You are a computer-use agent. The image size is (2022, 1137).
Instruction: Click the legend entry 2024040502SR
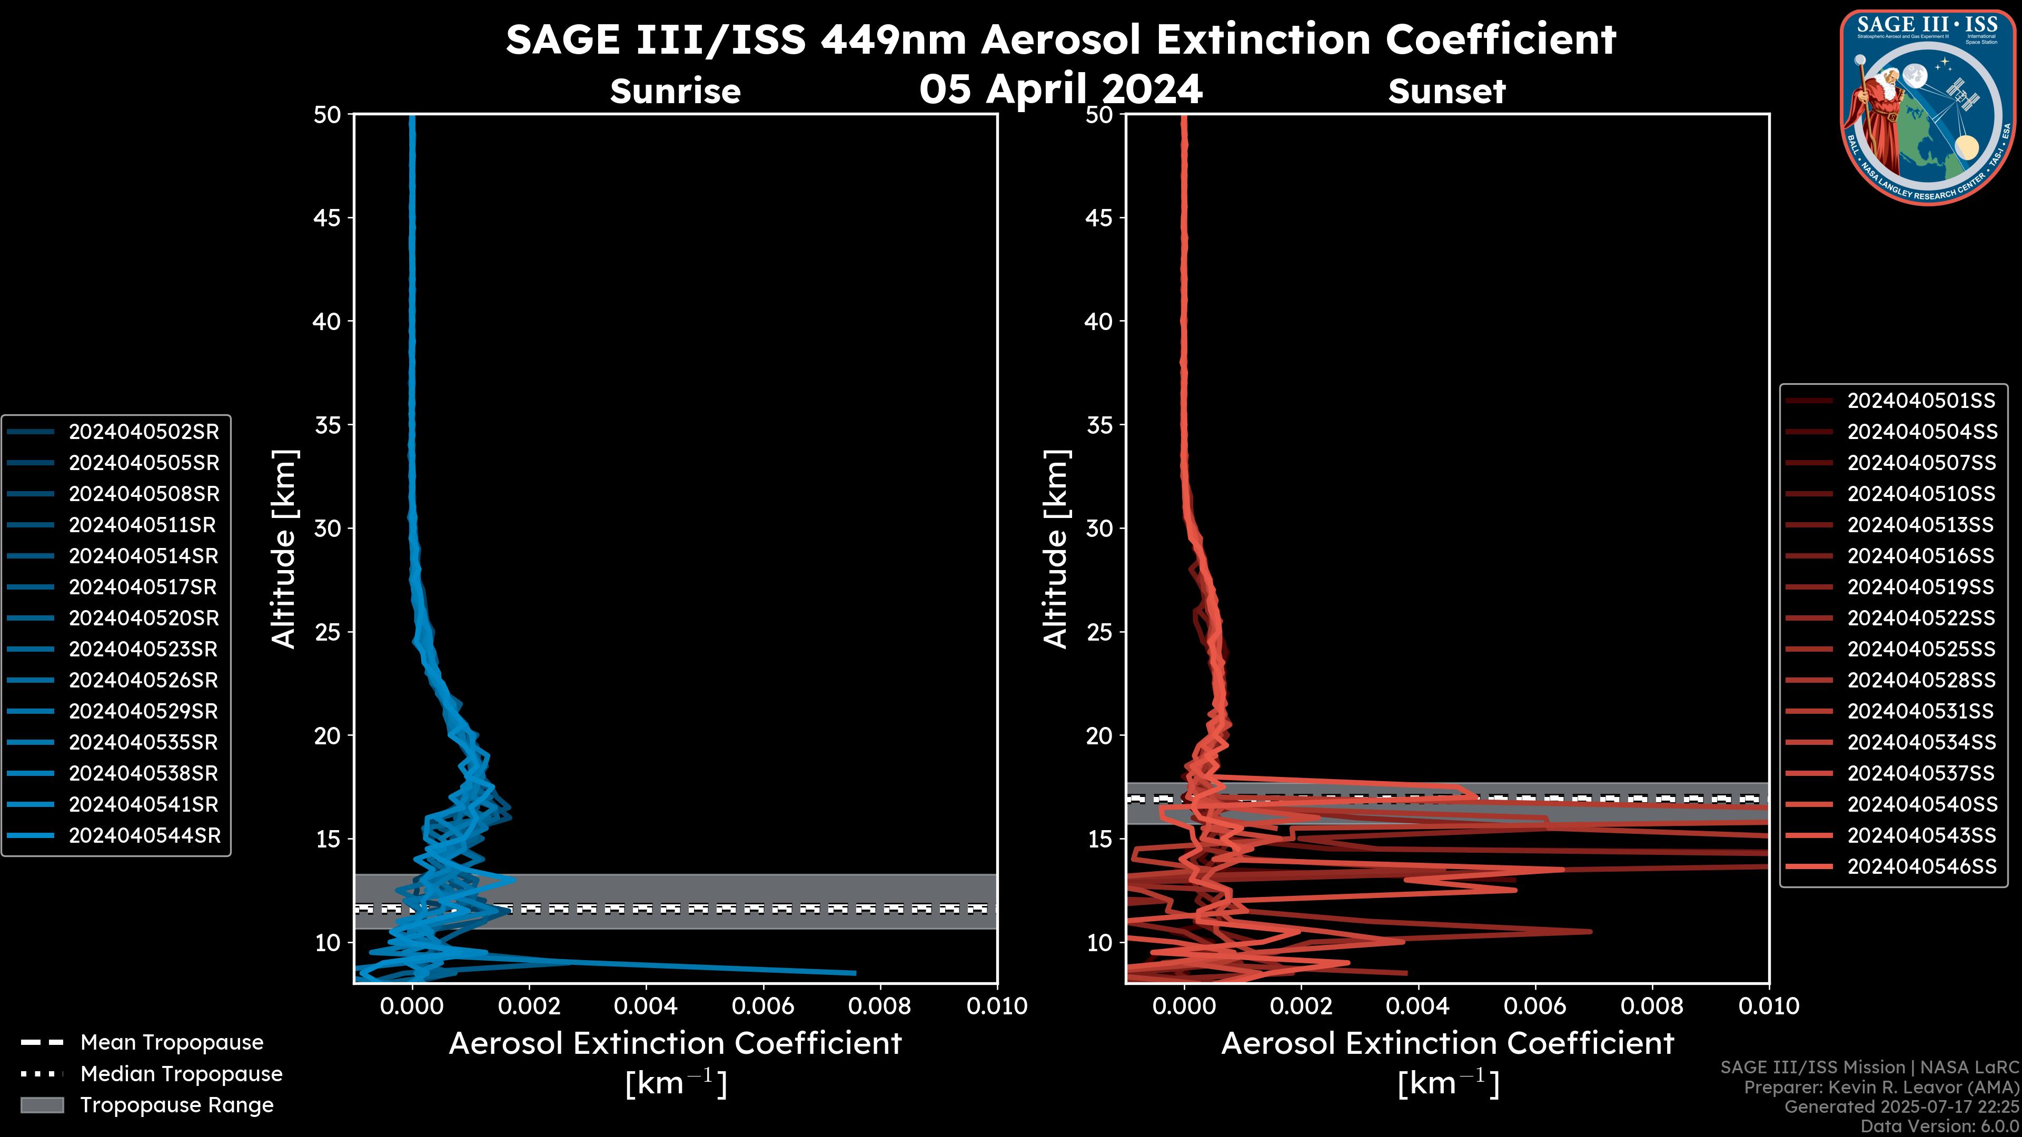pyautogui.click(x=144, y=432)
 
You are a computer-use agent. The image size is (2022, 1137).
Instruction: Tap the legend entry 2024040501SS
pyautogui.click(x=1921, y=401)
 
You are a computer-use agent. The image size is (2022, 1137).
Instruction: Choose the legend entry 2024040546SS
pyautogui.click(x=1921, y=866)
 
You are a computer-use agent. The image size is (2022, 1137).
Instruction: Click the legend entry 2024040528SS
pyautogui.click(x=1921, y=680)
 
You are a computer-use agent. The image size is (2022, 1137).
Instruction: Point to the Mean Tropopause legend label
pyautogui.click(x=172, y=1042)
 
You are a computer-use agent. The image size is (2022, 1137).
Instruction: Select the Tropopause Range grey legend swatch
pyautogui.click(x=42, y=1105)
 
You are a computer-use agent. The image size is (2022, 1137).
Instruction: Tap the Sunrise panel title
pyautogui.click(x=675, y=91)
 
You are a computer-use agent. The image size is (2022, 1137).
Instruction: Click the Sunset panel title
pyautogui.click(x=1446, y=91)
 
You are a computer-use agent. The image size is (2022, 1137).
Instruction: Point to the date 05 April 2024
pyautogui.click(x=1060, y=88)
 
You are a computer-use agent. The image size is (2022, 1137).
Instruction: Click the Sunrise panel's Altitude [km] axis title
pyautogui.click(x=283, y=548)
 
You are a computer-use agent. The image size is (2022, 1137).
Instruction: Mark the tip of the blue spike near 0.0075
pyautogui.click(x=855, y=973)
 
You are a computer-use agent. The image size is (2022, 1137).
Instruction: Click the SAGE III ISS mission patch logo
pyautogui.click(x=1928, y=107)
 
